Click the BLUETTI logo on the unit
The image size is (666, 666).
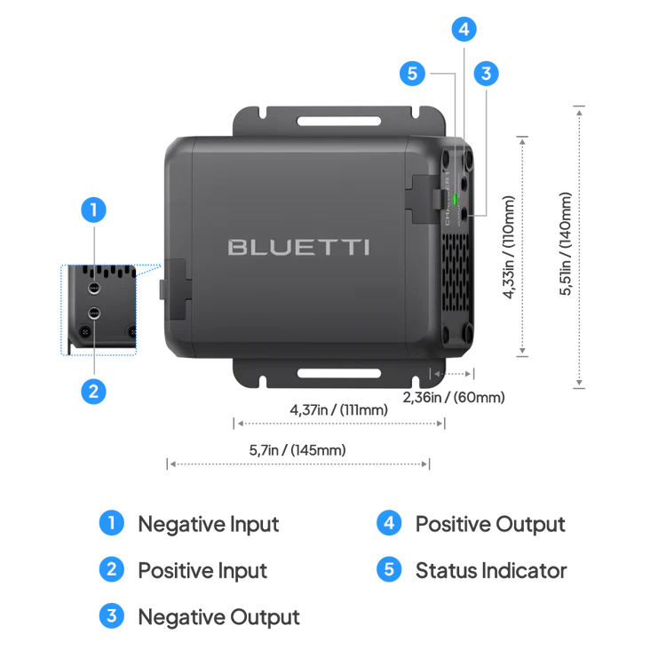pos(298,246)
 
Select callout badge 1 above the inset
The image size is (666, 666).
pos(94,211)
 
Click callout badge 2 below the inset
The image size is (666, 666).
pos(94,390)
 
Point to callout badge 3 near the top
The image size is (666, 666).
pos(485,74)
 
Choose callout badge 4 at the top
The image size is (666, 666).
pos(462,29)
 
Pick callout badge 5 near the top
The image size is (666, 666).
pos(412,74)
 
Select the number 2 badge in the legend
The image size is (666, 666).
pos(110,569)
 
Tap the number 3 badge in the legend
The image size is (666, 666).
pos(110,615)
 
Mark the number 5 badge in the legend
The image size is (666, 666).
pos(388,569)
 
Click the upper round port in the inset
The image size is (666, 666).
pos(93,289)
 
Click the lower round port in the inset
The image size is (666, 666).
pos(93,313)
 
